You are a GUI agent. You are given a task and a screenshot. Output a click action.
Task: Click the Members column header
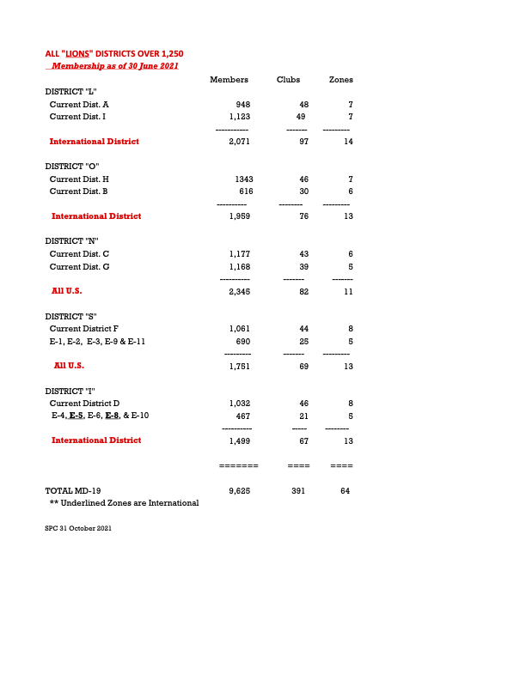229,80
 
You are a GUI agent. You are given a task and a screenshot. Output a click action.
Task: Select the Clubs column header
288,80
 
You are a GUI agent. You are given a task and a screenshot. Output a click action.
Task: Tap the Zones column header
341,80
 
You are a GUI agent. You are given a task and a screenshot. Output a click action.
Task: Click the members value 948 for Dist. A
242,104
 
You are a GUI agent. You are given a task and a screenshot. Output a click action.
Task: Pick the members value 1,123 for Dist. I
239,116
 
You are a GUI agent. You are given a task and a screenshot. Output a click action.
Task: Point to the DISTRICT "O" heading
72,166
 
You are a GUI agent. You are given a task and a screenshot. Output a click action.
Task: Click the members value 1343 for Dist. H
243,179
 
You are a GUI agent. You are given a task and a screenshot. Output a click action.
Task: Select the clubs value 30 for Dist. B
303,191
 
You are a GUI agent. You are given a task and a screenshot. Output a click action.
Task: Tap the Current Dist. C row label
79,254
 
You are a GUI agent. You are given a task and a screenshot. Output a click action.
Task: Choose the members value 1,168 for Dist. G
239,266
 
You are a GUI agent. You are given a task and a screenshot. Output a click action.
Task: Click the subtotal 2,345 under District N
239,291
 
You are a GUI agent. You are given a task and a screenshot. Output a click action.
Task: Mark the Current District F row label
84,329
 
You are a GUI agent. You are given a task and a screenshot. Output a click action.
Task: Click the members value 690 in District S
242,341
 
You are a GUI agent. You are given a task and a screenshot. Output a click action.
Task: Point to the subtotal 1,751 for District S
239,366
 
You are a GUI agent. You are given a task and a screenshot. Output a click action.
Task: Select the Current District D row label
84,403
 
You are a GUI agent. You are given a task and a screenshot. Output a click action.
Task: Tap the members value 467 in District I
243,416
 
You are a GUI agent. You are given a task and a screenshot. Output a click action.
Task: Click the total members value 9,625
239,490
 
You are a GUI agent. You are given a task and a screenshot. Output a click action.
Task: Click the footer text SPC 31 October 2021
78,528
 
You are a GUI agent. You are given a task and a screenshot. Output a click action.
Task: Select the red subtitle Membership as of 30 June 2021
114,66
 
